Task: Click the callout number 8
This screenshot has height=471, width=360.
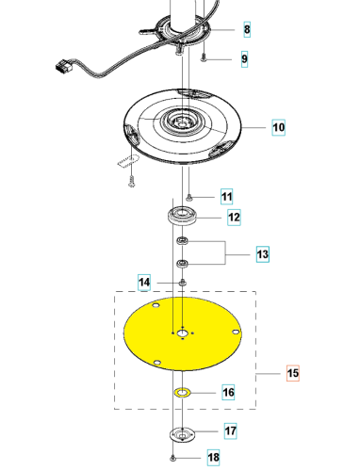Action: coord(247,29)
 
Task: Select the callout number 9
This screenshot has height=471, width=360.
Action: coord(244,59)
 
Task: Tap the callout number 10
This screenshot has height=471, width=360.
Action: coord(278,127)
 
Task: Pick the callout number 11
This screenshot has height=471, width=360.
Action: coord(227,197)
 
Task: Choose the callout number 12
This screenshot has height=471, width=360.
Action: coord(234,218)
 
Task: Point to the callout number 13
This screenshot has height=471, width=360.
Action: coord(263,254)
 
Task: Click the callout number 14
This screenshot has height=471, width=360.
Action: coord(144,283)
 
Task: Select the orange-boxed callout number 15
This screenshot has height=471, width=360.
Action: coord(293,373)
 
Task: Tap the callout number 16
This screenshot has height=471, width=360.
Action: coord(228,392)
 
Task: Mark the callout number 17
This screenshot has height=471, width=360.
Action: coord(231,430)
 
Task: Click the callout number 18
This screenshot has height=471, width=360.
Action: coord(213,457)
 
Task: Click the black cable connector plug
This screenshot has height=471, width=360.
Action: coord(64,66)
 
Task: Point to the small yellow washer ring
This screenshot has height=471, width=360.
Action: coord(182,393)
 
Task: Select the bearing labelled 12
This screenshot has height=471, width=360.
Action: coord(182,216)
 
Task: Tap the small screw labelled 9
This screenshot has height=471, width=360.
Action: coord(204,57)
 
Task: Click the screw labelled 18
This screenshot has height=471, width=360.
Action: coord(172,459)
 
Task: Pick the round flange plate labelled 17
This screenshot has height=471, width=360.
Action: coord(182,434)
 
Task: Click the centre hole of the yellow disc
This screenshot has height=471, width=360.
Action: coord(182,333)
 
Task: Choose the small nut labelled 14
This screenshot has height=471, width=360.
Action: coord(183,283)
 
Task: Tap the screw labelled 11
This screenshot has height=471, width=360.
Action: coord(188,198)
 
